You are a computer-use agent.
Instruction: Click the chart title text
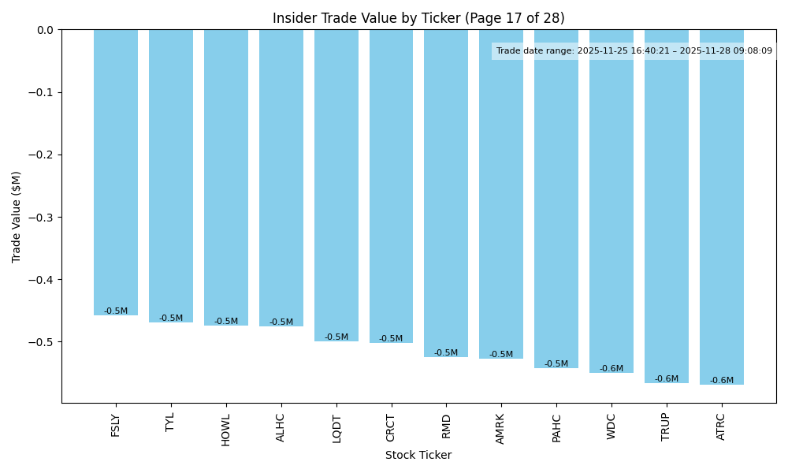pos(418,18)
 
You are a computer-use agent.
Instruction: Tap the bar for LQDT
pos(336,185)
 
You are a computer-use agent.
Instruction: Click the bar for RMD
pos(446,193)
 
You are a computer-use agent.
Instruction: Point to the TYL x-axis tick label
pos(171,422)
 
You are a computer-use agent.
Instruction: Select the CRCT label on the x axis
pos(391,427)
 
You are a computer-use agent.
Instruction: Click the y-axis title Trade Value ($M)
pos(17,217)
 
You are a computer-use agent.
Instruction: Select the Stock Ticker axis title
pos(418,455)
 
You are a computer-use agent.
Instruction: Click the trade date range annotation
pos(634,51)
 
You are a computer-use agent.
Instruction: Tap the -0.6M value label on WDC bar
pos(611,369)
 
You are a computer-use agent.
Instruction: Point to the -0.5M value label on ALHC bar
pos(281,322)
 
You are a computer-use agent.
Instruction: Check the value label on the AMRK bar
pos(501,355)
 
